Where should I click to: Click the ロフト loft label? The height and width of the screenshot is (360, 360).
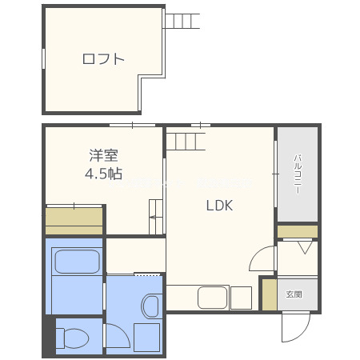click(103, 58)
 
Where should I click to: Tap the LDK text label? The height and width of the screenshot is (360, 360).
click(219, 206)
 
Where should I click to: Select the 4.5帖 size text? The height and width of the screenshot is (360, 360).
click(103, 173)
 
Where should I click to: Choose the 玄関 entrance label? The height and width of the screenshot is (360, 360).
click(294, 294)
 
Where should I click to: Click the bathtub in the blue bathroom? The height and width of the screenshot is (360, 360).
click(75, 263)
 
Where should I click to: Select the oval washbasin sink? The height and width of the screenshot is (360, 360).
click(150, 306)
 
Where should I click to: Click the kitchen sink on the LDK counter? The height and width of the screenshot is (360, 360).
click(213, 298)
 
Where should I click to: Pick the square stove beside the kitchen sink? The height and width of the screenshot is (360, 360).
click(241, 298)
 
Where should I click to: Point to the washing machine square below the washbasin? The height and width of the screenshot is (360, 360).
click(148, 336)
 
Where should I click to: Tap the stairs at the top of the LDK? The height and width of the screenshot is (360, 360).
click(186, 142)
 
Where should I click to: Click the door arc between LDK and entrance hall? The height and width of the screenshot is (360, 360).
click(262, 258)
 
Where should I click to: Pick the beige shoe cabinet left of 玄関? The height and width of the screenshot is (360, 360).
click(269, 294)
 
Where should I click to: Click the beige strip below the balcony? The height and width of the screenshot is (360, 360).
click(298, 231)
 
